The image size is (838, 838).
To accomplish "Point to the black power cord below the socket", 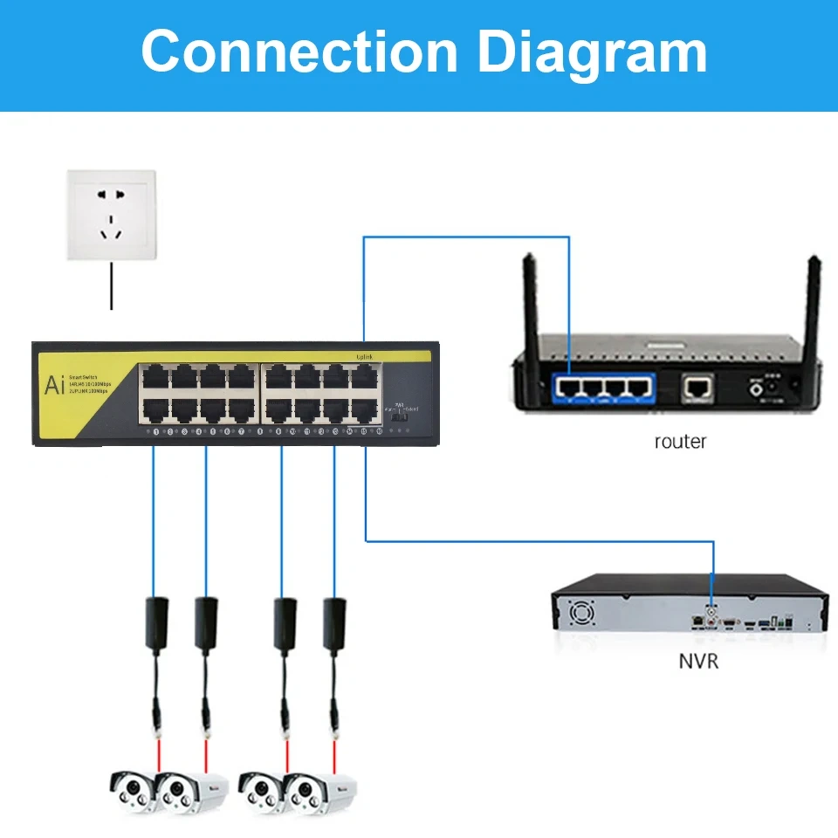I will [111, 288].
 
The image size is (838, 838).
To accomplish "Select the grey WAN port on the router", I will [697, 385].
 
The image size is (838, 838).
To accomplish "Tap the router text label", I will [680, 442].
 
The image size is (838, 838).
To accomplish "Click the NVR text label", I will [698, 661].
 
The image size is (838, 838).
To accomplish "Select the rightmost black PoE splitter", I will [333, 622].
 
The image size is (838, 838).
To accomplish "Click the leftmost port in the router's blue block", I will [568, 385].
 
